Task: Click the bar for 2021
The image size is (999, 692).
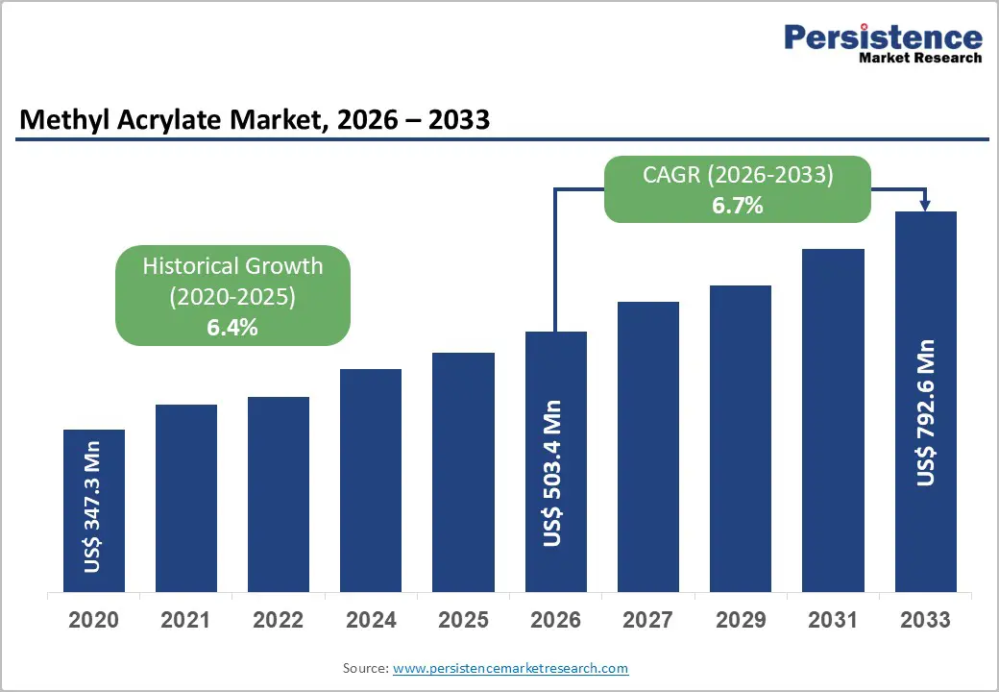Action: pyautogui.click(x=185, y=498)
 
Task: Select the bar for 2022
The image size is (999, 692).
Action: pyautogui.click(x=279, y=494)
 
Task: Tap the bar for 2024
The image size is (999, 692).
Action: pyautogui.click(x=371, y=481)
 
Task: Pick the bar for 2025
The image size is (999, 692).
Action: pyautogui.click(x=463, y=472)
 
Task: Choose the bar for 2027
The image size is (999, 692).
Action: pyautogui.click(x=648, y=447)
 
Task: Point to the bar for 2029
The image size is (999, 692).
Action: pyautogui.click(x=741, y=438)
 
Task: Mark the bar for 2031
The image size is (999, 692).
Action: pyautogui.click(x=833, y=420)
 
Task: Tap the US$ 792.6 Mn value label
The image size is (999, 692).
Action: pyautogui.click(x=925, y=412)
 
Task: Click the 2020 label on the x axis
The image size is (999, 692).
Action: pyautogui.click(x=93, y=620)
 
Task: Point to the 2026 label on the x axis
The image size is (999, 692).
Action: pyautogui.click(x=555, y=620)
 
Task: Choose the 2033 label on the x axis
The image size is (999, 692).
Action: pyautogui.click(x=925, y=620)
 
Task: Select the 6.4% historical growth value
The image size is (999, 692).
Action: pyautogui.click(x=232, y=327)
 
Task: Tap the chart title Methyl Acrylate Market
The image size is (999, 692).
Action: pyautogui.click(x=255, y=120)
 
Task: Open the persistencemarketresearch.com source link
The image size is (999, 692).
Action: pyautogui.click(x=510, y=668)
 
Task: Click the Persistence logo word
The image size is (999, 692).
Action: pyautogui.click(x=883, y=37)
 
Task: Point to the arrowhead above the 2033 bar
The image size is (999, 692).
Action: pyautogui.click(x=925, y=204)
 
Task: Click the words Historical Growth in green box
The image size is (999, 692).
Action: pyautogui.click(x=232, y=266)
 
